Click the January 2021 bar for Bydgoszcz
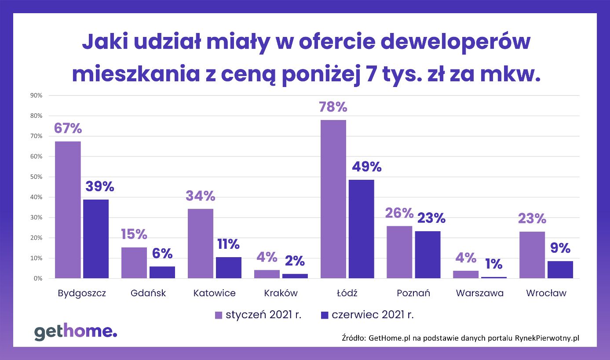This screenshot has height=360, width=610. [68, 210]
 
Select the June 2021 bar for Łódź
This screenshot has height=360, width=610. [361, 229]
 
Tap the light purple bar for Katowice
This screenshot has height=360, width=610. [201, 243]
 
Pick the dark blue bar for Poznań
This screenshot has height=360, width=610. [427, 255]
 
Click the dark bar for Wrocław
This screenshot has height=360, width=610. [560, 269]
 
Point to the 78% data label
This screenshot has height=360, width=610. [333, 107]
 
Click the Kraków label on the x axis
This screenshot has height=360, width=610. [281, 293]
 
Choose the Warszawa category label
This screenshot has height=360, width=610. [479, 293]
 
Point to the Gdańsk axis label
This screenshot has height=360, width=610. [148, 293]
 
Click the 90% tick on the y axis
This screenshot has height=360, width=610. [36, 95]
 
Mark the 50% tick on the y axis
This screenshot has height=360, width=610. [36, 177]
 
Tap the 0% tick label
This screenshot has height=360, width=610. [37, 279]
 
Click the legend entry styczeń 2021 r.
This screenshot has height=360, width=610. [258, 315]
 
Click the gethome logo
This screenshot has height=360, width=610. [76, 332]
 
